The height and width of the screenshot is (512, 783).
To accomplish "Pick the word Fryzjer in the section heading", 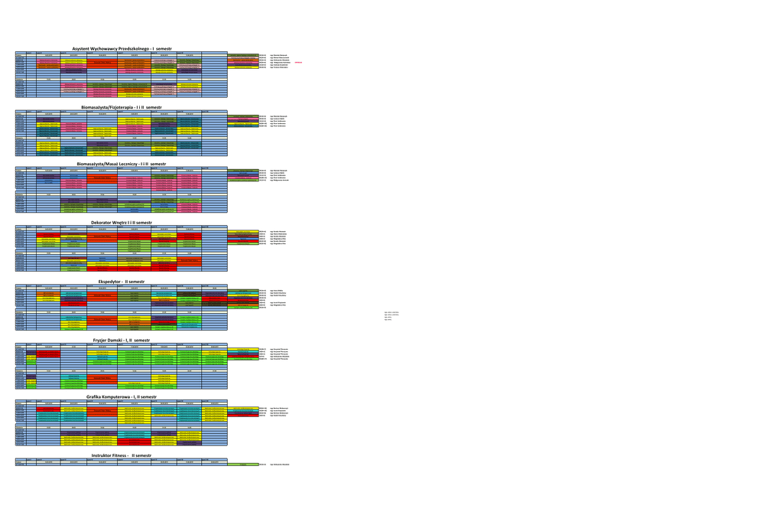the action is (102, 340).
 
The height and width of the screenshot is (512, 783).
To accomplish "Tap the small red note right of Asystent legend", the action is (298, 62).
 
